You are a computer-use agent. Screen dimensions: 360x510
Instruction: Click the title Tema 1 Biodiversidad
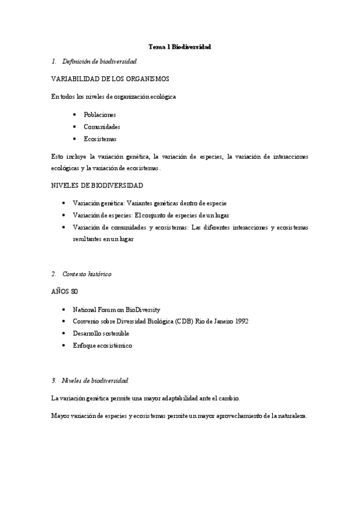point(180,46)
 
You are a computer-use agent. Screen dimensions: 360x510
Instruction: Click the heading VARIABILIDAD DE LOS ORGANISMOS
point(109,79)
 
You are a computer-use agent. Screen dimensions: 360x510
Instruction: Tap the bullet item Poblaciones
point(100,114)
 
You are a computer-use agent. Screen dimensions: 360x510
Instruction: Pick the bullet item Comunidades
point(102,127)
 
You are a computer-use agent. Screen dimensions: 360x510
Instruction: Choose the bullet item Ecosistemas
point(100,140)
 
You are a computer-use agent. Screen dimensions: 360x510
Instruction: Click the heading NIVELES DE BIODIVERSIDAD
point(97,185)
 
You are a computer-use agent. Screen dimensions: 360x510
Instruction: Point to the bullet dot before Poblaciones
point(74,114)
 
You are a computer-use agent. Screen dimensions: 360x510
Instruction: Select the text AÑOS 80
point(65,292)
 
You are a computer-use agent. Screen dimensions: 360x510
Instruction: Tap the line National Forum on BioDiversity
point(117,309)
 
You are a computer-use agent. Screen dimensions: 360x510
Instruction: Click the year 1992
point(242,321)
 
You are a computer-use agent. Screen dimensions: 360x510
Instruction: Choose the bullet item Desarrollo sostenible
point(100,333)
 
